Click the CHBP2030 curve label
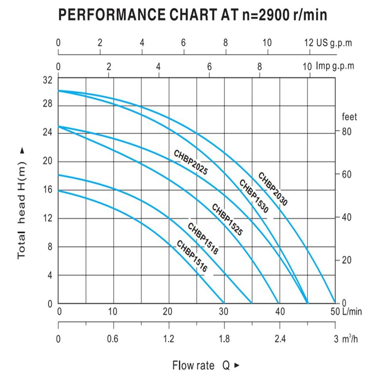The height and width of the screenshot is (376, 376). pos(273,189)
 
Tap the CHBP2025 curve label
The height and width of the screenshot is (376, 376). pos(190,162)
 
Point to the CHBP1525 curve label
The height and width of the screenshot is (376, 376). pos(227,220)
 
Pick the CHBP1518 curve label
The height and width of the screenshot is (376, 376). pos(202,239)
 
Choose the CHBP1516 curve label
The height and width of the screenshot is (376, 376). pos(192,257)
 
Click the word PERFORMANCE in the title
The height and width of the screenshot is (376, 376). pos(111,15)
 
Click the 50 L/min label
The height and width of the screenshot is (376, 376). pos(347,312)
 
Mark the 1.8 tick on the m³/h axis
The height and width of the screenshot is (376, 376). pos(224,339)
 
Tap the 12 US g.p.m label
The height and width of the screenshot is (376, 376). pos(328,43)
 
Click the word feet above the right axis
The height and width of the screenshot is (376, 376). pos(349,117)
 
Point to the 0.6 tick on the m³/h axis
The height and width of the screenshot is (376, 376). pos(113,339)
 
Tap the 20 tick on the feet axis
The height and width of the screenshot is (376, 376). pos(347,260)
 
